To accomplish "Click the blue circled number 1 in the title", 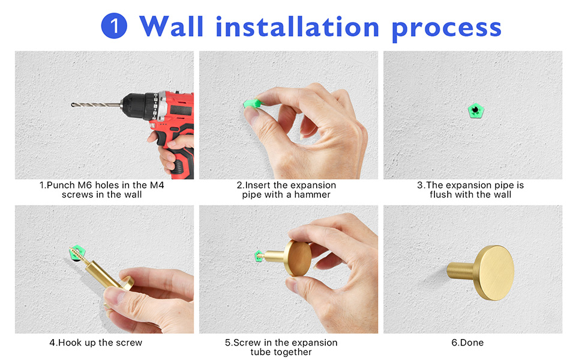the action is coord(114,26).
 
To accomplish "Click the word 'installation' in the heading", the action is coord(298,27).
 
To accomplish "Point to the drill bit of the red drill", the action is coord(96,105).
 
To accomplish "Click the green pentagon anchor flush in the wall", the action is coord(475,110).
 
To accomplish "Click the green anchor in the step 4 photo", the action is coord(77,253).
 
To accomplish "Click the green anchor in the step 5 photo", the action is coord(259,256).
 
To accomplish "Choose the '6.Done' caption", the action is coord(467,343).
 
